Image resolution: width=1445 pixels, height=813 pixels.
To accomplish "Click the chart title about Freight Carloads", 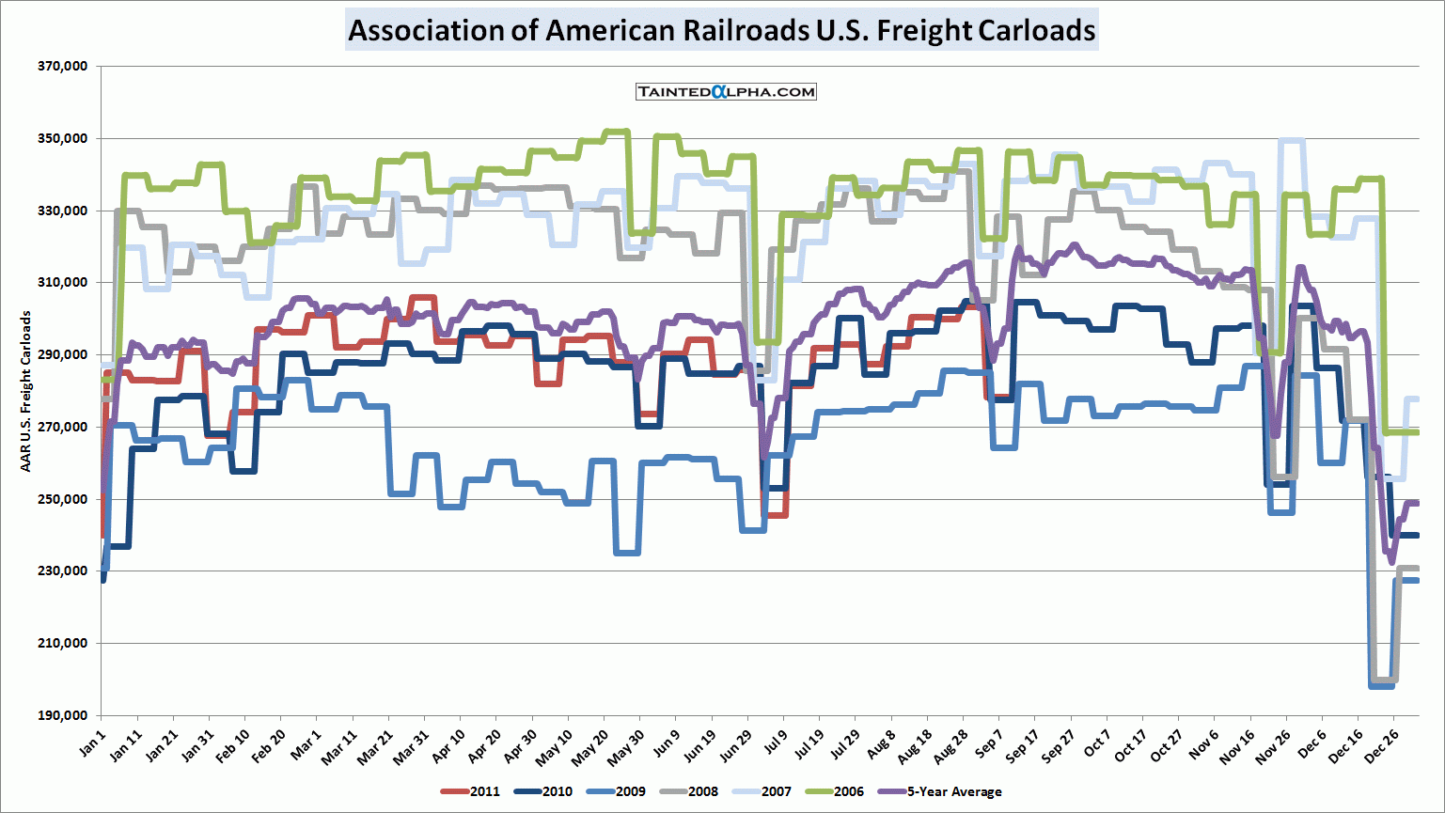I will [721, 30].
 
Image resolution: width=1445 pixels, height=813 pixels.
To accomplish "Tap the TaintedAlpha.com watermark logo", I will [726, 91].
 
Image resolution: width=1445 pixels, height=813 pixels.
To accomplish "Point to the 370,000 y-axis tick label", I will [63, 67].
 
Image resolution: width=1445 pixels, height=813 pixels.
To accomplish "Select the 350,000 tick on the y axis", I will [63, 139].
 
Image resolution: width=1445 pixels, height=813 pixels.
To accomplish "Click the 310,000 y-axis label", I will [63, 283].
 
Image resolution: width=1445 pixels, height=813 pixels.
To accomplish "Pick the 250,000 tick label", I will [63, 499].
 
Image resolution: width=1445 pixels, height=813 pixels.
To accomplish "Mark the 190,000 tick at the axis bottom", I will [63, 715].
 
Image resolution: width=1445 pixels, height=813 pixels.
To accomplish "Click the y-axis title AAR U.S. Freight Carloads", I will [25, 391].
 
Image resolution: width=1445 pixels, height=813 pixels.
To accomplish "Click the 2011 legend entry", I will [471, 791].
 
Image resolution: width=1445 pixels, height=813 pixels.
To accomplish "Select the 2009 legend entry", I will [617, 791].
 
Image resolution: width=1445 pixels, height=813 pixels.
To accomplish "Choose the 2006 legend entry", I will [835, 791].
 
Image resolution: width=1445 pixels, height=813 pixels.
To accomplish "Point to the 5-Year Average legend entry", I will [940, 791].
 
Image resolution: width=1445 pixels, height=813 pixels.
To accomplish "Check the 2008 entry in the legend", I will [689, 791].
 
